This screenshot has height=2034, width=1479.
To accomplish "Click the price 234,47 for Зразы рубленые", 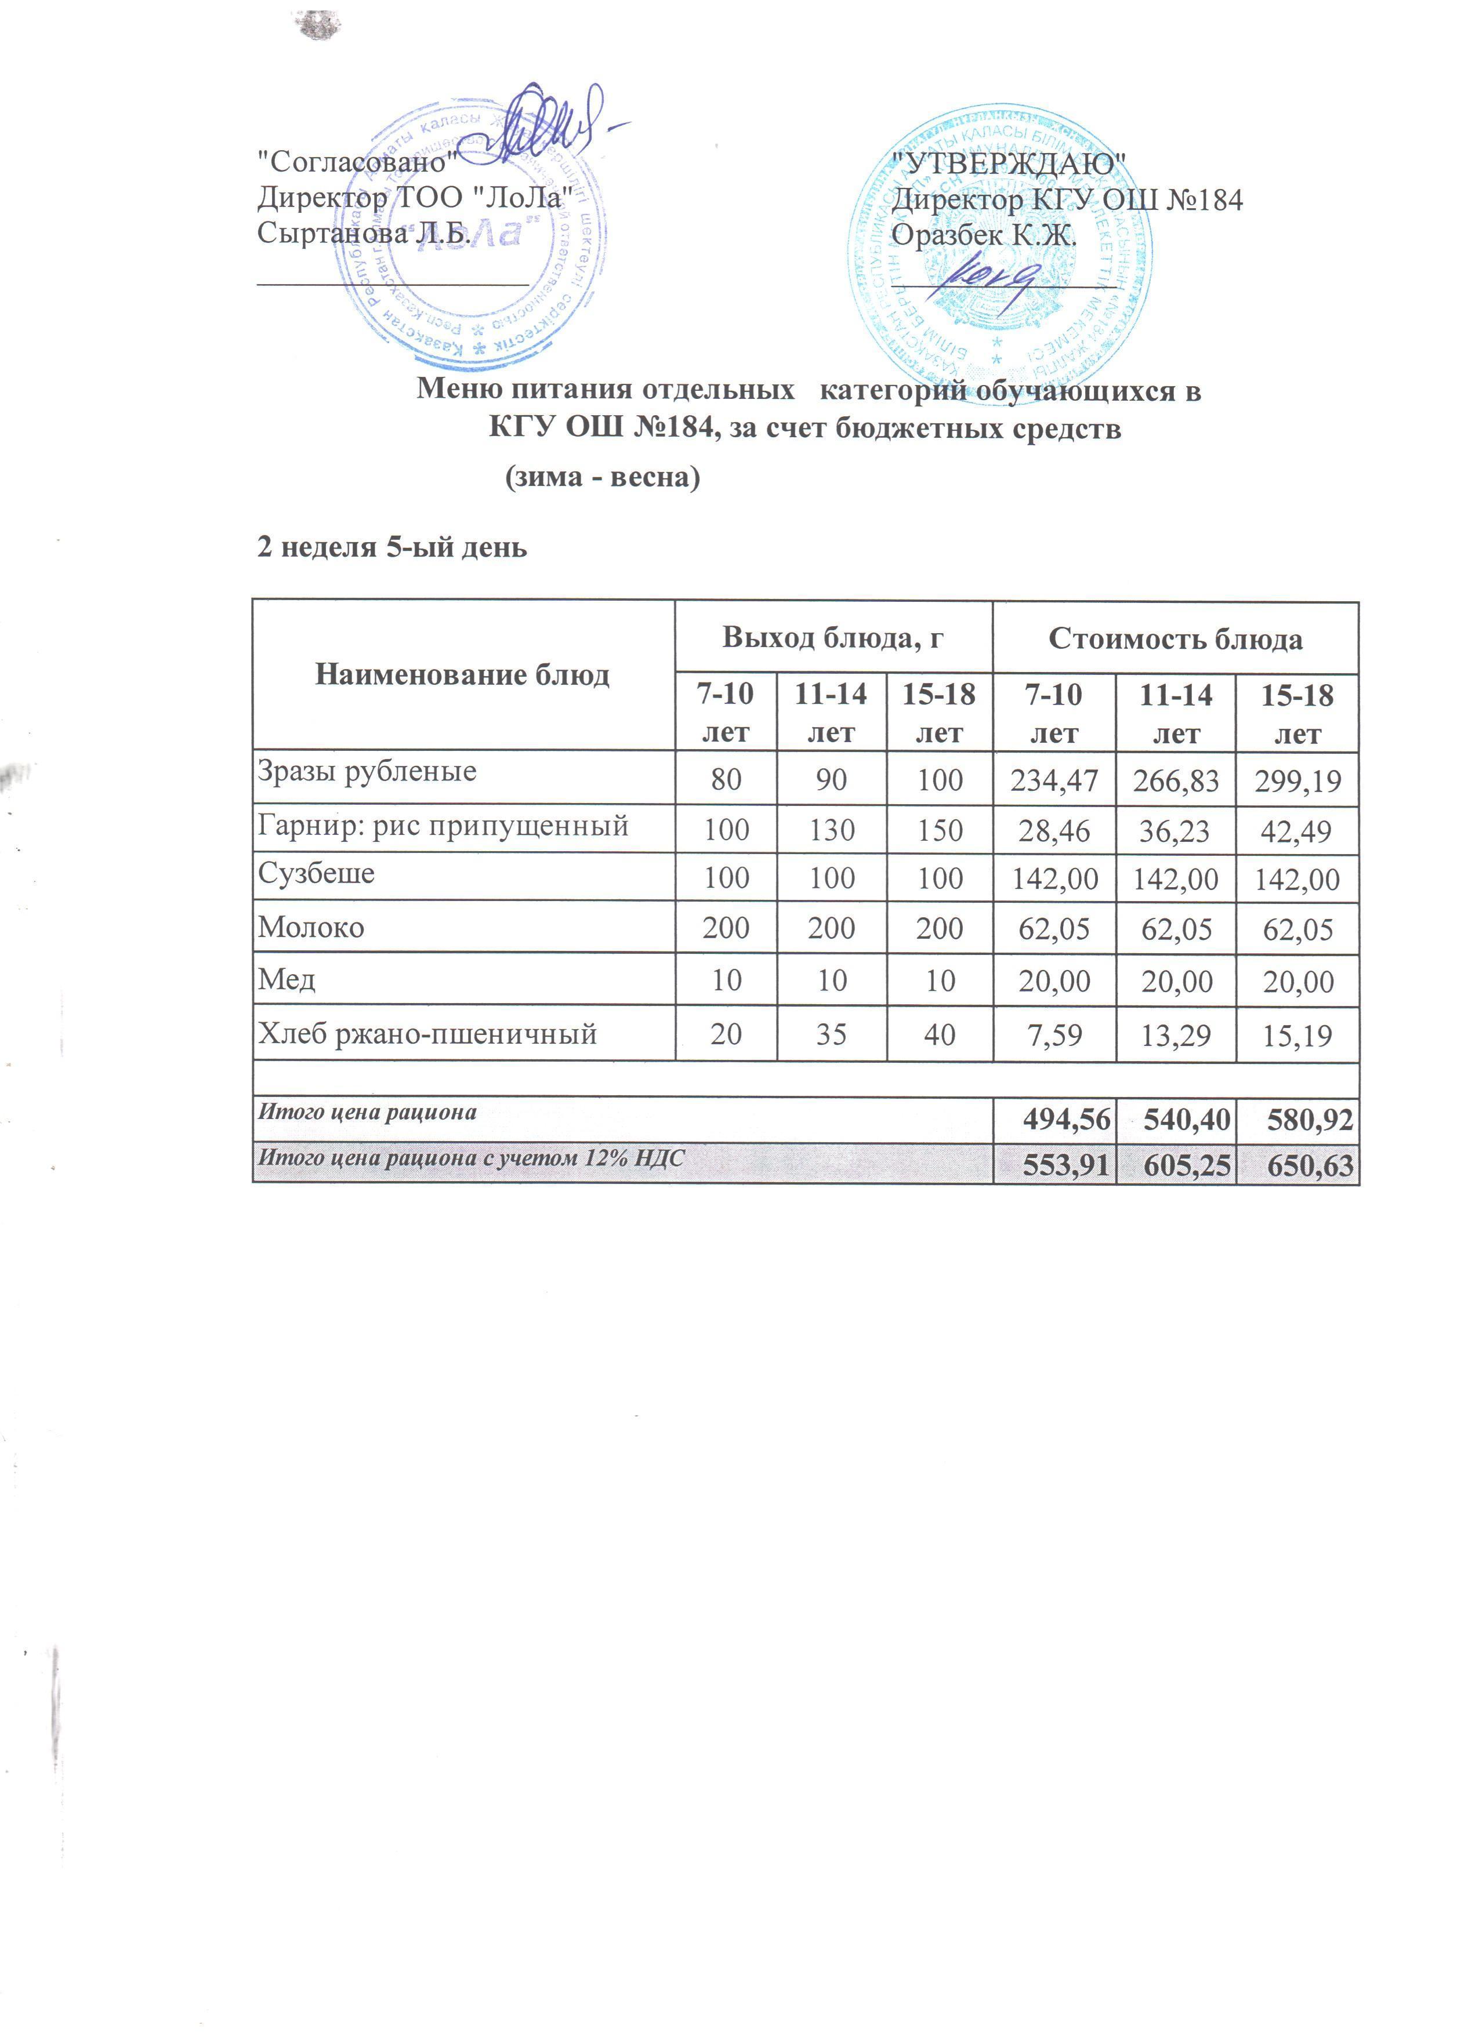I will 1054,781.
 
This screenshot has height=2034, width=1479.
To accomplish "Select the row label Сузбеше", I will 316,874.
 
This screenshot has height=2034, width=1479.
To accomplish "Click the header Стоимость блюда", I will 1175,640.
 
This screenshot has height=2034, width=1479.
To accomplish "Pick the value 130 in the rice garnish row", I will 832,830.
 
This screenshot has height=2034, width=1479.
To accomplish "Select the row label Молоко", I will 311,927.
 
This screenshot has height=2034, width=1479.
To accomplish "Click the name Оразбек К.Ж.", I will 983,237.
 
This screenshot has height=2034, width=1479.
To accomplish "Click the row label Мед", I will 287,979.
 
